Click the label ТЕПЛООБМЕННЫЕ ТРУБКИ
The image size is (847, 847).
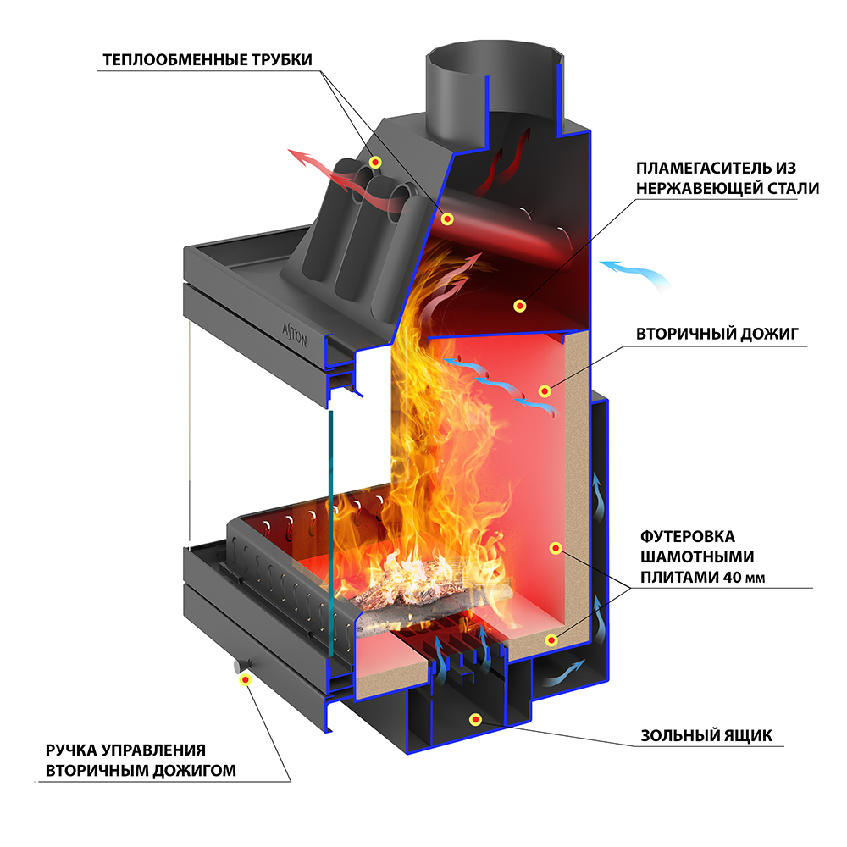click(x=208, y=60)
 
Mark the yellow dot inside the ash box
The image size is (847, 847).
click(x=476, y=720)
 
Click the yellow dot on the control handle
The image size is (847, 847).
click(x=246, y=678)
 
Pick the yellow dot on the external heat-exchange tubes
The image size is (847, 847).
click(x=376, y=162)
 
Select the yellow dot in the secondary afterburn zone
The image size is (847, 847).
click(x=545, y=390)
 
